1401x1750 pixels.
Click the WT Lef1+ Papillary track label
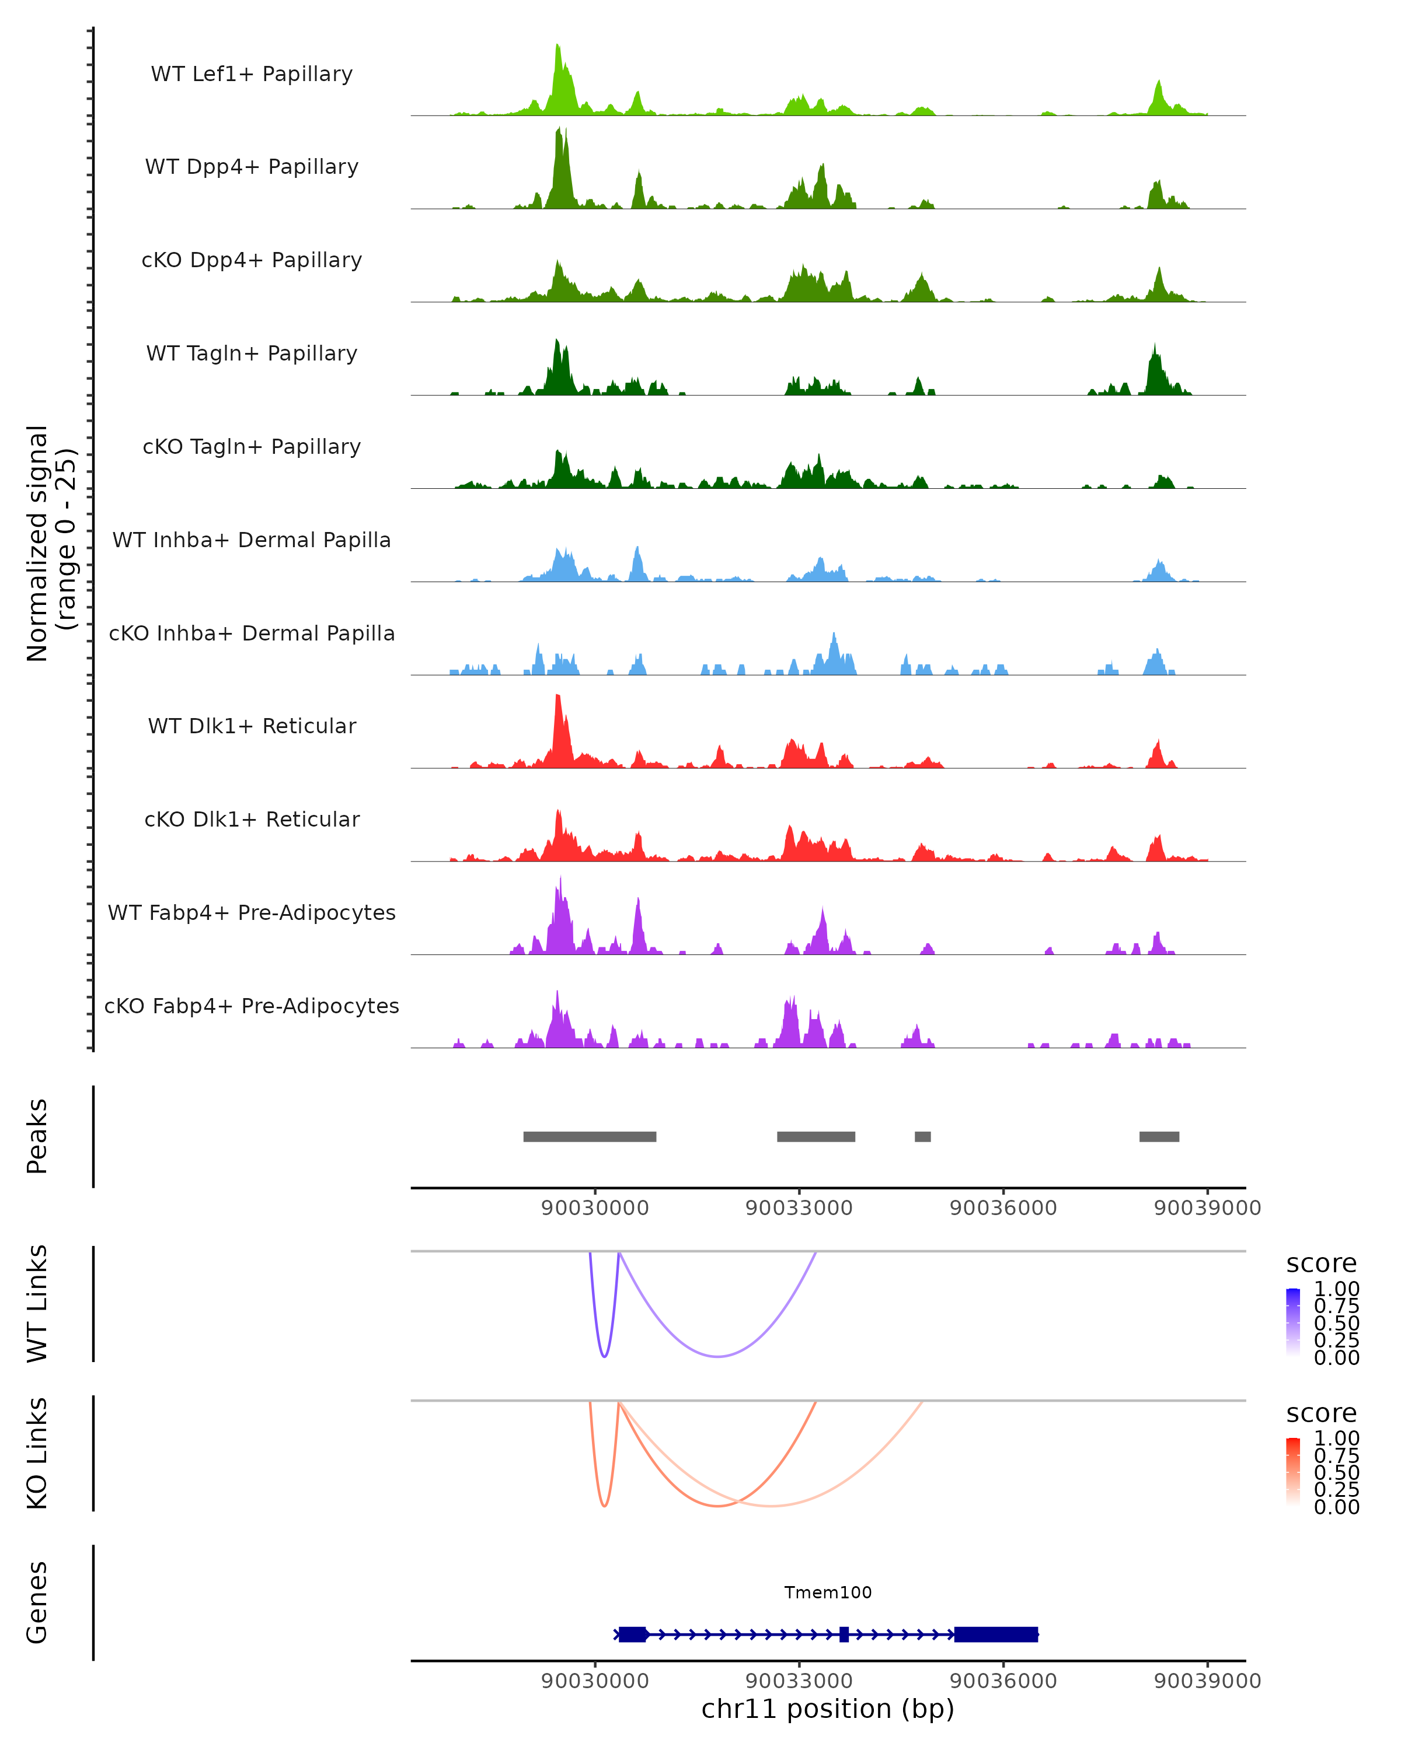tap(252, 74)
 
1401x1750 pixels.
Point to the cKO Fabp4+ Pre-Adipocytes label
tap(252, 1006)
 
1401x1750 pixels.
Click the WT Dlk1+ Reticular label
tap(252, 726)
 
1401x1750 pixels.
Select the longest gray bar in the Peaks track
tap(590, 1136)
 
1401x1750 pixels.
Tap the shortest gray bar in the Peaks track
tap(923, 1136)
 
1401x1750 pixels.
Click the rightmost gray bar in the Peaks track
tap(1159, 1136)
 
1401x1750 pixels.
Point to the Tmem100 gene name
tap(828, 1592)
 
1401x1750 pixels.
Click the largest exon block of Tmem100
tap(996, 1634)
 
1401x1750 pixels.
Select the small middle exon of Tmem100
tap(844, 1634)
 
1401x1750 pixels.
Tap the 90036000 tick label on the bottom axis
tap(1003, 1680)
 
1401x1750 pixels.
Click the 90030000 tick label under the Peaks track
tap(594, 1208)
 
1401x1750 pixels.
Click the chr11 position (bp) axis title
tap(828, 1709)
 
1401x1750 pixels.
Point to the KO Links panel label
tap(37, 1453)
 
